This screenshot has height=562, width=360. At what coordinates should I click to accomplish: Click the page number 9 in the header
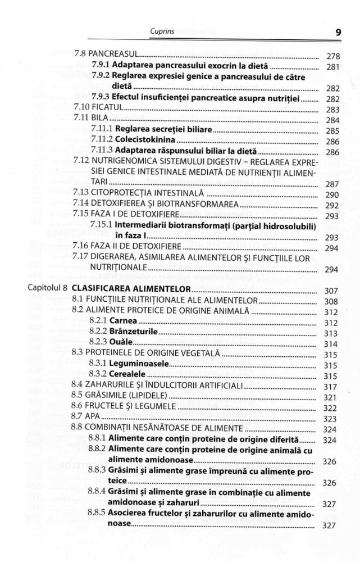pos(338,32)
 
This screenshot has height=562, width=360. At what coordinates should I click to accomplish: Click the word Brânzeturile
pos(133,333)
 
